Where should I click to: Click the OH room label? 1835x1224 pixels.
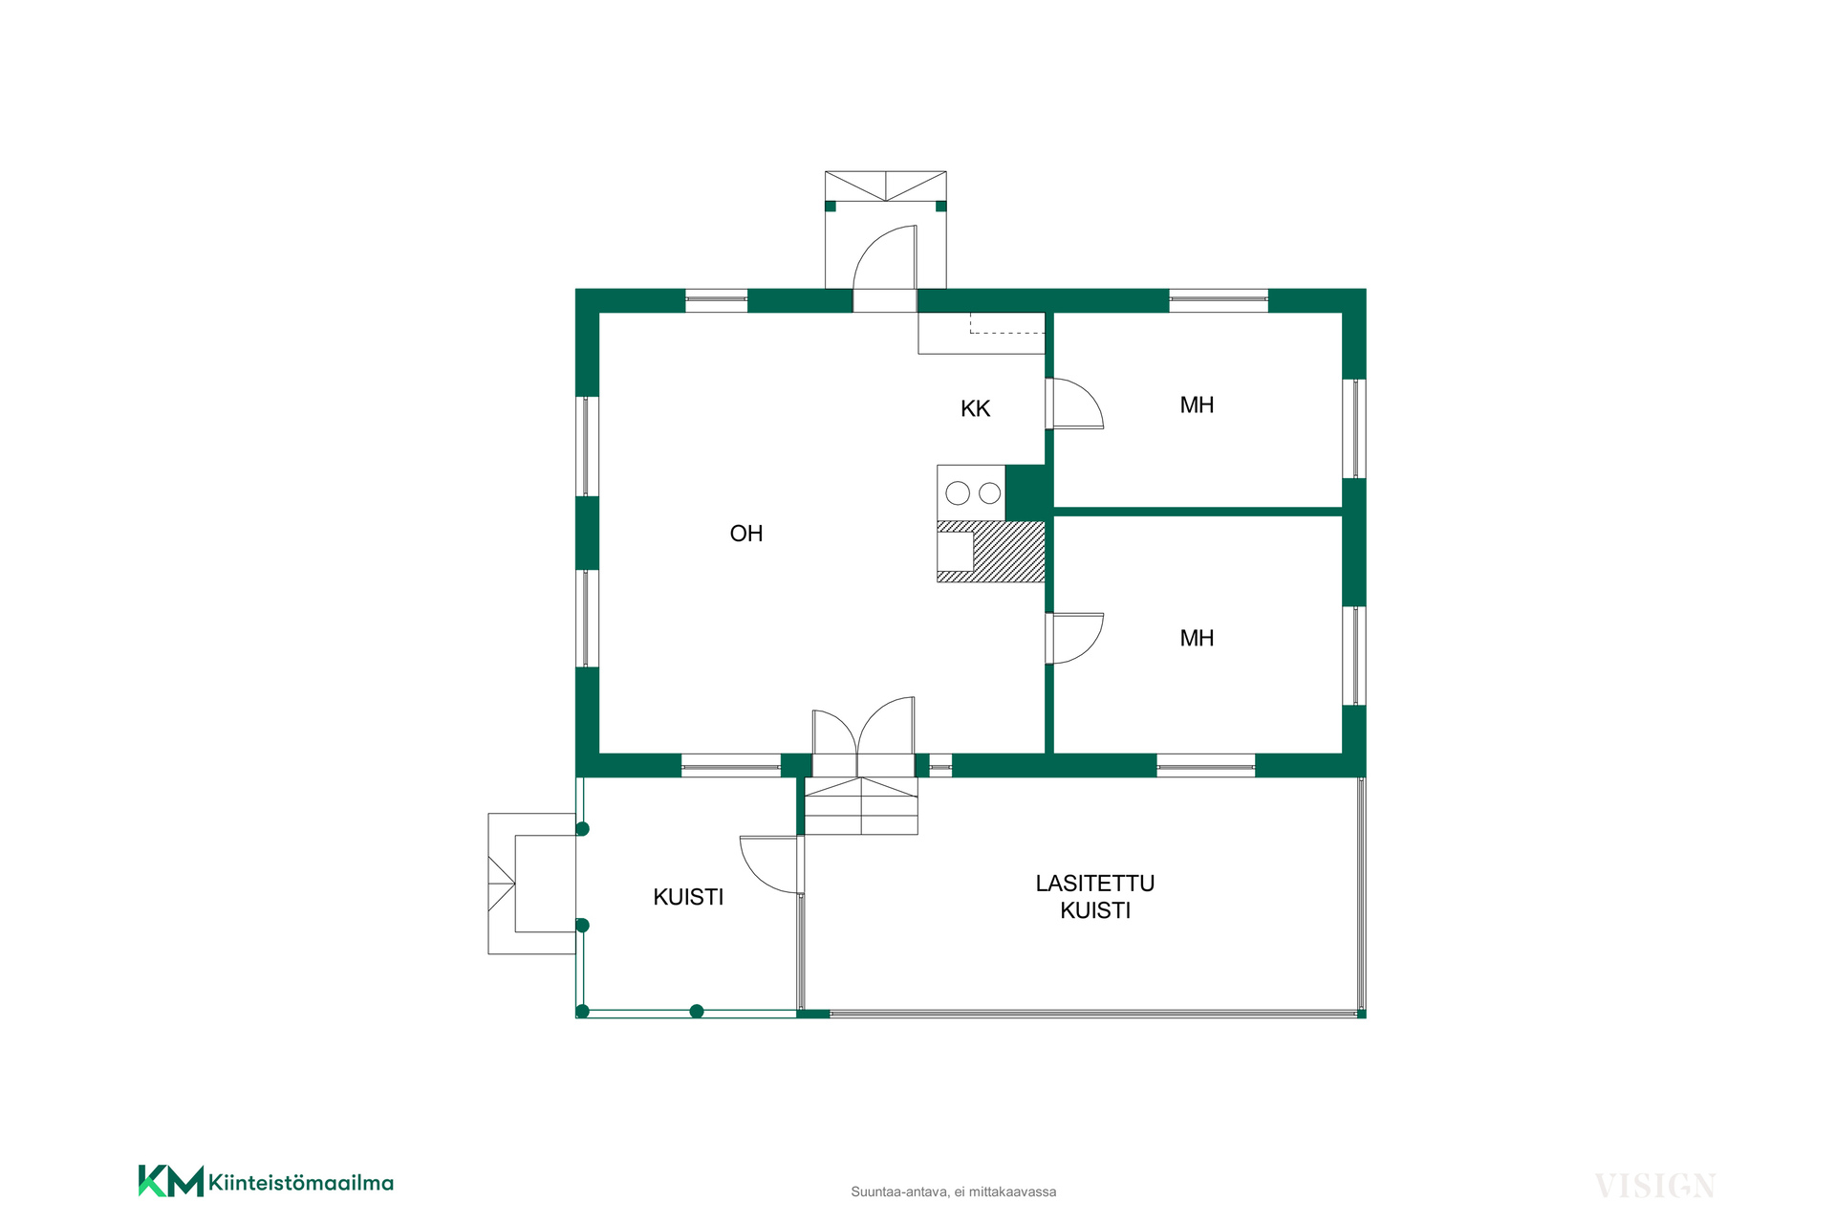(746, 534)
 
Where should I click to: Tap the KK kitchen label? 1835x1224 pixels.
(975, 409)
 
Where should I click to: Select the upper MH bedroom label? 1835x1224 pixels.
(1197, 404)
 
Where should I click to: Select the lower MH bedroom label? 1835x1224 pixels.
(1197, 638)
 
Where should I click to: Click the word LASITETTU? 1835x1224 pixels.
(1095, 884)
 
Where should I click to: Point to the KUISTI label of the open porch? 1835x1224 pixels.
(688, 897)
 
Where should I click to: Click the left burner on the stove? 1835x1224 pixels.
(958, 493)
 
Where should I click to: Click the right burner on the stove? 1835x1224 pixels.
(990, 493)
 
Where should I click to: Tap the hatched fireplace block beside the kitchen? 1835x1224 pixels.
(1009, 552)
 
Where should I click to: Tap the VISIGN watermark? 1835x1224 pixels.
(1655, 1187)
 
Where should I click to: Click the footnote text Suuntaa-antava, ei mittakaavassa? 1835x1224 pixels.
(954, 1191)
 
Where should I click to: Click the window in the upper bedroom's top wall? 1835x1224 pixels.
(1219, 300)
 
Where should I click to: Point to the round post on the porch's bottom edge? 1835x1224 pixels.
(697, 1011)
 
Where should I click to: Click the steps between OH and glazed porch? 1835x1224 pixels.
(861, 805)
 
